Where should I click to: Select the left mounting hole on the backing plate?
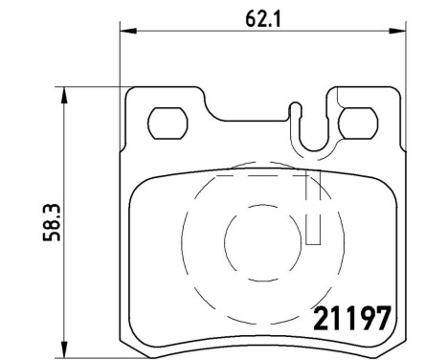click(x=169, y=124)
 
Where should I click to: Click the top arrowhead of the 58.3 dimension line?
click(x=64, y=94)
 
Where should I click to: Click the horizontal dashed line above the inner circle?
click(x=251, y=179)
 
